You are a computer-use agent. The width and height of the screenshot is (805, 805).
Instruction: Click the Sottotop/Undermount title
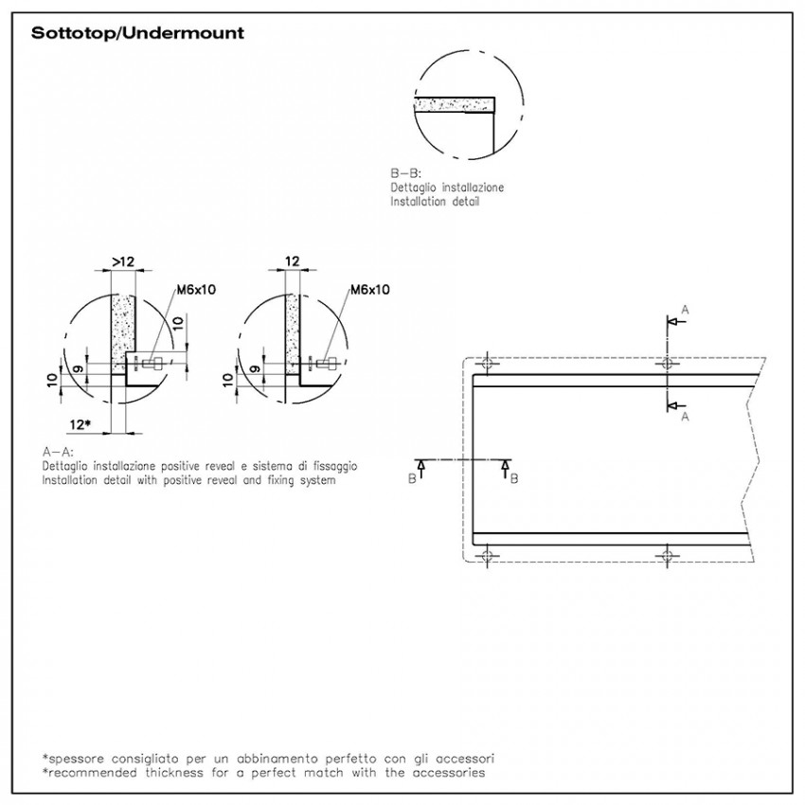click(137, 33)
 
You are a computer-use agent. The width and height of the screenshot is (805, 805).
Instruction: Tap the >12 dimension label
click(123, 261)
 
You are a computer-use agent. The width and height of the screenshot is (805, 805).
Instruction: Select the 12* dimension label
click(80, 424)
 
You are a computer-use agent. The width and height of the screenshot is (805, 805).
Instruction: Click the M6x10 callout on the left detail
click(196, 290)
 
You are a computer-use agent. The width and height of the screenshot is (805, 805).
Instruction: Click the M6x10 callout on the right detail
click(369, 290)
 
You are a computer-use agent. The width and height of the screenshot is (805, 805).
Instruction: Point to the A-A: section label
click(58, 453)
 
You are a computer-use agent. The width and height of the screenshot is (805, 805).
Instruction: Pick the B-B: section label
click(405, 173)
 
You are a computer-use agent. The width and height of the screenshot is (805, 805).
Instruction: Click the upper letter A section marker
click(685, 310)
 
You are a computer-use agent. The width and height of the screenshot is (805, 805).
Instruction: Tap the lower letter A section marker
click(685, 417)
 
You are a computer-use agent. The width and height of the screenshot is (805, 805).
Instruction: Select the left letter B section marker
click(412, 478)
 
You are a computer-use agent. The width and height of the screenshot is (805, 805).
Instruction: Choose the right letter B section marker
click(514, 478)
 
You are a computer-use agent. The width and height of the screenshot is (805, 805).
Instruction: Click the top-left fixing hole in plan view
click(487, 364)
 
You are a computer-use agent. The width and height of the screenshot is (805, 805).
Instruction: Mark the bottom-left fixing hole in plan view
click(487, 556)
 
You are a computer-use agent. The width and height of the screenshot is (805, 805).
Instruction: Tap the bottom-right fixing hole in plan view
click(667, 556)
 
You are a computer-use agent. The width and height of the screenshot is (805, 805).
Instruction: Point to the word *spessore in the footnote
click(73, 759)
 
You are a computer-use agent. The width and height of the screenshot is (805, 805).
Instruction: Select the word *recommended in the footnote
click(89, 773)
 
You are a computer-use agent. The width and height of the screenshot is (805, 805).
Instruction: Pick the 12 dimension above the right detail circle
click(292, 261)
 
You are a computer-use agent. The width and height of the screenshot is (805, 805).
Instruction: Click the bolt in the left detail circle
click(152, 365)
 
